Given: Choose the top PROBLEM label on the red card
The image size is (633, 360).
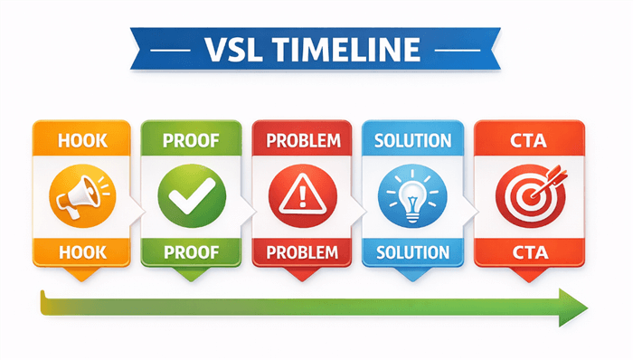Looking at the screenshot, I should (301, 142).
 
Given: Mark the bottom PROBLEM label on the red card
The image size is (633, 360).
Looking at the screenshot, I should (301, 251).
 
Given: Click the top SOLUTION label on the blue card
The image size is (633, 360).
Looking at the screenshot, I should (411, 142).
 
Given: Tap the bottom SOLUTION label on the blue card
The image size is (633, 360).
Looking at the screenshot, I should (411, 251).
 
